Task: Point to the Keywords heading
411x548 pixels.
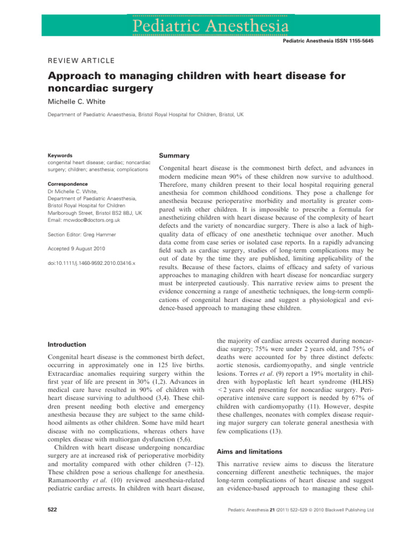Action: (x=60, y=155)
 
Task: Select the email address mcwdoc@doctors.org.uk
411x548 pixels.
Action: (x=84, y=220)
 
